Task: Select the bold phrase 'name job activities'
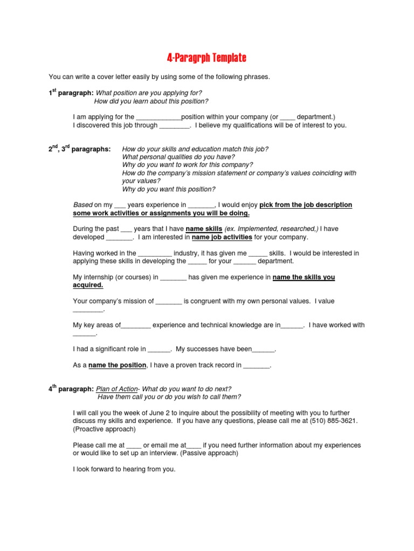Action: point(223,237)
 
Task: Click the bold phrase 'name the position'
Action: point(117,365)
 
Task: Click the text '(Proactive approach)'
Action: point(104,429)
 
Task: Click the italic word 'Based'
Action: point(82,204)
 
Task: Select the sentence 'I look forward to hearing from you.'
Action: point(124,469)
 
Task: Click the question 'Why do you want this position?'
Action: point(169,189)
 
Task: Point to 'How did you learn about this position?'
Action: point(151,101)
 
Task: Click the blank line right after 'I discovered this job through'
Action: point(175,125)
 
